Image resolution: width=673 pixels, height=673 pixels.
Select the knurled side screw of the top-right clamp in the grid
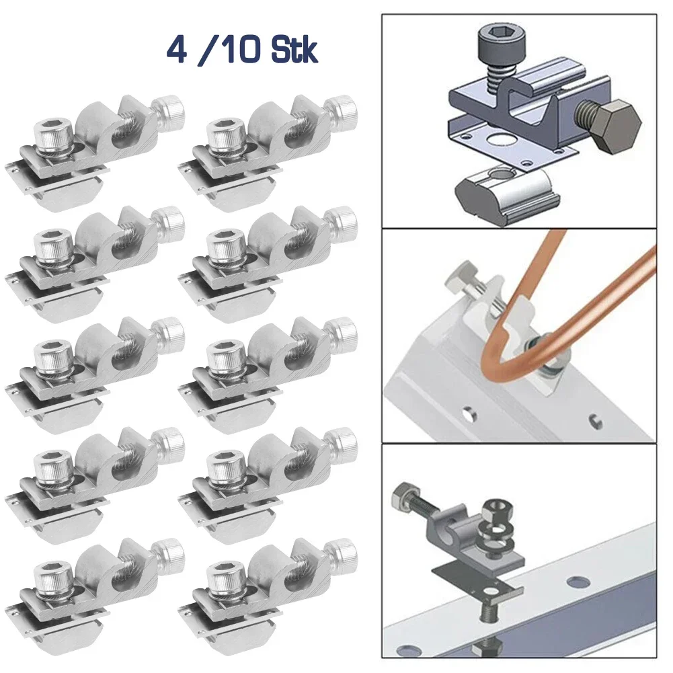[x=342, y=108]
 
